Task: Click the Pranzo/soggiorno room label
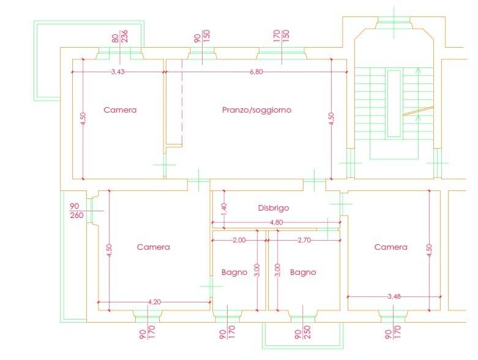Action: pyautogui.click(x=256, y=111)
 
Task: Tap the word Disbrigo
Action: pyautogui.click(x=273, y=208)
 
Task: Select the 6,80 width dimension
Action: pyautogui.click(x=256, y=72)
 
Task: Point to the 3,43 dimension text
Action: pyautogui.click(x=119, y=72)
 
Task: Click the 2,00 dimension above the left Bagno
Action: pyautogui.click(x=239, y=240)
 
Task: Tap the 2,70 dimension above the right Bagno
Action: pyautogui.click(x=304, y=240)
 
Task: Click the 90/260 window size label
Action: pyautogui.click(x=76, y=211)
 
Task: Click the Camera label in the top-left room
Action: pyautogui.click(x=120, y=111)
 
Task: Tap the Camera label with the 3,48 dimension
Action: pyautogui.click(x=390, y=247)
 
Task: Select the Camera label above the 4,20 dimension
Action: pyautogui.click(x=153, y=247)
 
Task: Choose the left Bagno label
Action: pyautogui.click(x=234, y=272)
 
